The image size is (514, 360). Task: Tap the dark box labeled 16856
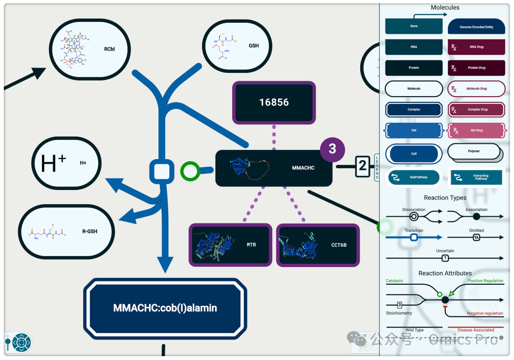pyautogui.click(x=274, y=102)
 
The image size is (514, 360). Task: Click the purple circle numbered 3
pyautogui.click(x=332, y=148)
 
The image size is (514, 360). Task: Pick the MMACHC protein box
pyautogui.click(x=274, y=168)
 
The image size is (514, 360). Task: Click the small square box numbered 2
pyautogui.click(x=363, y=166)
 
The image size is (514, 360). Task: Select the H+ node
pyautogui.click(x=66, y=163)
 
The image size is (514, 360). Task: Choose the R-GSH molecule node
pyautogui.click(x=66, y=232)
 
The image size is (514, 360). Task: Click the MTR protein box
pyautogui.click(x=231, y=244)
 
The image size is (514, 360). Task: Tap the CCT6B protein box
pyautogui.click(x=317, y=244)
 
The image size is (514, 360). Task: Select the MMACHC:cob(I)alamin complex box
pyautogui.click(x=165, y=308)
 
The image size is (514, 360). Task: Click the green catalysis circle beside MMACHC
pyautogui.click(x=190, y=170)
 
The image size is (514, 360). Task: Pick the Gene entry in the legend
pyautogui.click(x=414, y=26)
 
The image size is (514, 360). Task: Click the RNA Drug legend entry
pyautogui.click(x=476, y=47)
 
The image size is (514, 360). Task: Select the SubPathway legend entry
pyautogui.click(x=414, y=177)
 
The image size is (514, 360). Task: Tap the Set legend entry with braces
pyautogui.click(x=414, y=130)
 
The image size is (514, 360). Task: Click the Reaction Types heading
pyautogui.click(x=445, y=198)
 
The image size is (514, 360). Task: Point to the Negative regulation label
pyautogui.click(x=484, y=313)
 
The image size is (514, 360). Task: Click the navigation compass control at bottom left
pyautogui.click(x=21, y=342)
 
